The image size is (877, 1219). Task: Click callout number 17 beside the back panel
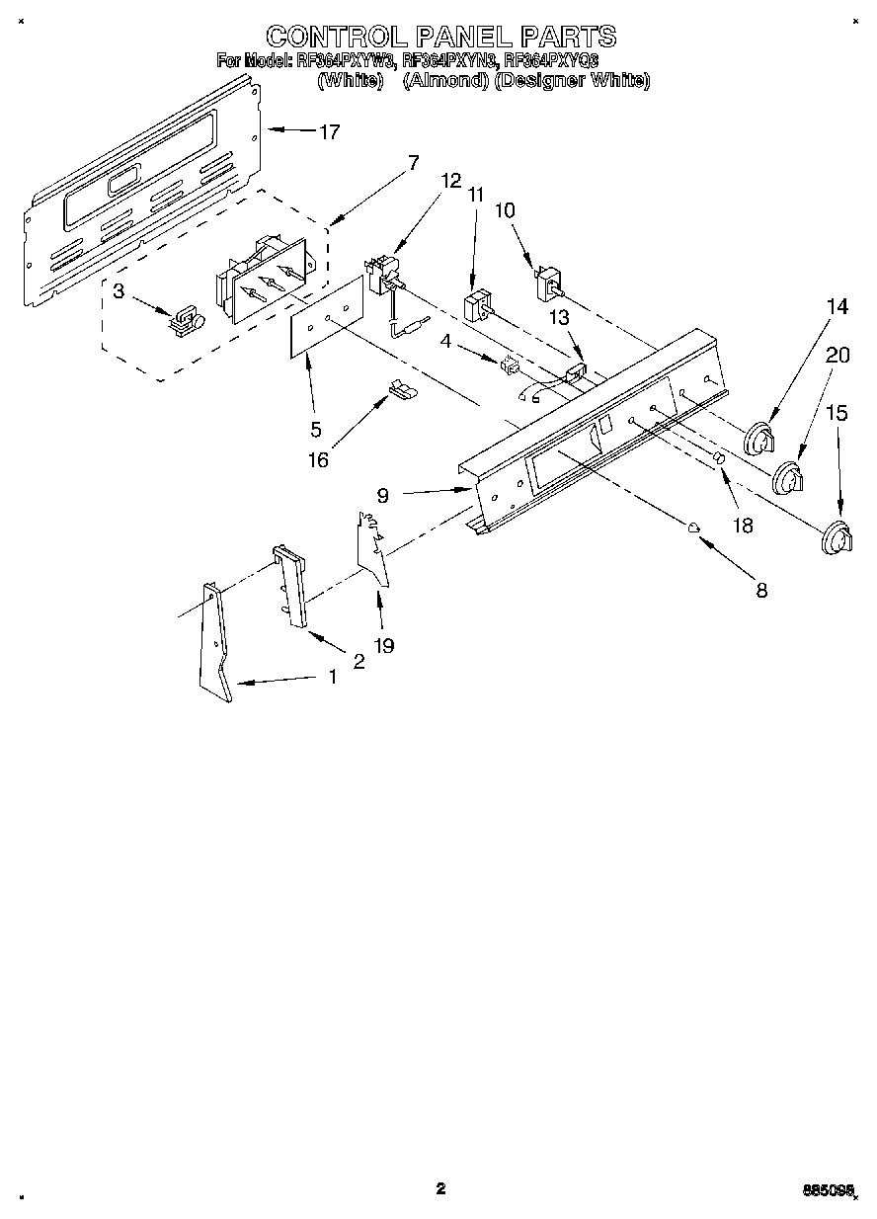[329, 131]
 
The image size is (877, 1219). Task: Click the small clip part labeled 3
[185, 319]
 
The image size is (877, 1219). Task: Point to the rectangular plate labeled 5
[325, 317]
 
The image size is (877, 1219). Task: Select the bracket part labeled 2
[289, 586]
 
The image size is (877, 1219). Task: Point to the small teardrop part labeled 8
[694, 527]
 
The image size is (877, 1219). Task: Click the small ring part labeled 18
[719, 459]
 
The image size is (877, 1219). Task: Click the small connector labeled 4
[511, 365]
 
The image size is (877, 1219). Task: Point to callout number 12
[451, 181]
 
